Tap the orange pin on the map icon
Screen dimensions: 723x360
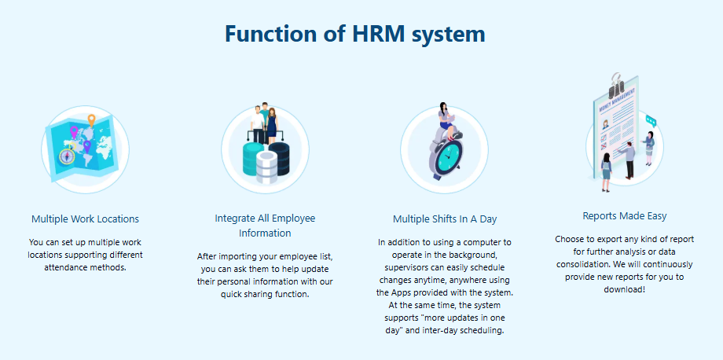(x=91, y=119)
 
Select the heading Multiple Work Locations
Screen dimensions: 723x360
(x=86, y=219)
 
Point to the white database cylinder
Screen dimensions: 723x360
(x=266, y=167)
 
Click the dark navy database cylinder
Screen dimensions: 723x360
(x=280, y=157)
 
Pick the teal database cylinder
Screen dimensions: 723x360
(x=253, y=158)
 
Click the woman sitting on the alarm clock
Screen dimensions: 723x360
(x=446, y=119)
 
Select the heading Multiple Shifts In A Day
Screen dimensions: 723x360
(x=445, y=219)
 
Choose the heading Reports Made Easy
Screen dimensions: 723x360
(x=625, y=215)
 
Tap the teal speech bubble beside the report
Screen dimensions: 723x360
(x=651, y=121)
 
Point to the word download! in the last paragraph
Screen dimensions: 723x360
(x=624, y=290)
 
